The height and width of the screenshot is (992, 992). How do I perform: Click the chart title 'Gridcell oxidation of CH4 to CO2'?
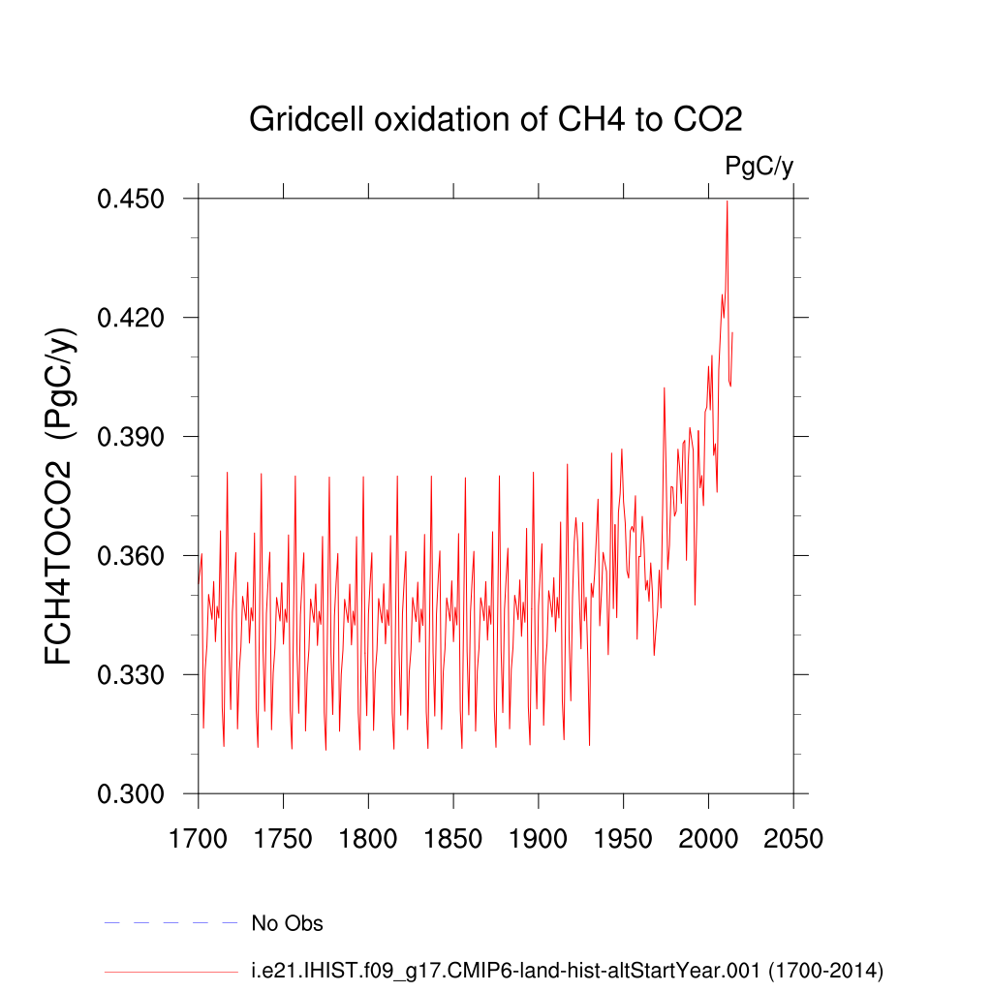coord(495,119)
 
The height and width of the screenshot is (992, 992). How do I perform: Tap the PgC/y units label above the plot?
coord(759,167)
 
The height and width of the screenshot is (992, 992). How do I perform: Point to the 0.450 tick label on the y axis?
coord(137,199)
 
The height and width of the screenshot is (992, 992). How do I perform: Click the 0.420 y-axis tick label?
coord(137,318)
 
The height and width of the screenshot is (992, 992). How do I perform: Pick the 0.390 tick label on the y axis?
coord(137,437)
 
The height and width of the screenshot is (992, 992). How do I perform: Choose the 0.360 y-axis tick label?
coord(137,556)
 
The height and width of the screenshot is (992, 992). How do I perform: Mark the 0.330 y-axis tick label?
coord(137,675)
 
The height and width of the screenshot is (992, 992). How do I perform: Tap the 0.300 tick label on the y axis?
coord(137,794)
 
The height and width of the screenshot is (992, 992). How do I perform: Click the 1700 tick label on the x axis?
coord(198,838)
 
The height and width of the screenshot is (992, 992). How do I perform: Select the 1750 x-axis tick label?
coord(283,838)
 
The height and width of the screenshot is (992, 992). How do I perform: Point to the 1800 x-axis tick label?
coord(368,838)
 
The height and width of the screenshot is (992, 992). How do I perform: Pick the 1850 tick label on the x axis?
coord(453,838)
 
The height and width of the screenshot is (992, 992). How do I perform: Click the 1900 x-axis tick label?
coord(538,838)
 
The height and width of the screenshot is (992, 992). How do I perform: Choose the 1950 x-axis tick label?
coord(623,838)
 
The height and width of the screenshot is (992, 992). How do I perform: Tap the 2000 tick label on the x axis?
coord(708,838)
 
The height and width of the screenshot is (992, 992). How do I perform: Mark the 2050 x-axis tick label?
coord(793,838)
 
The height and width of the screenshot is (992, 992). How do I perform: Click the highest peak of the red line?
coord(727,201)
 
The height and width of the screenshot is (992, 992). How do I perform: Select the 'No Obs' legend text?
coord(287,923)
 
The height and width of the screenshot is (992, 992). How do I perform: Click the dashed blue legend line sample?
coord(170,923)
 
